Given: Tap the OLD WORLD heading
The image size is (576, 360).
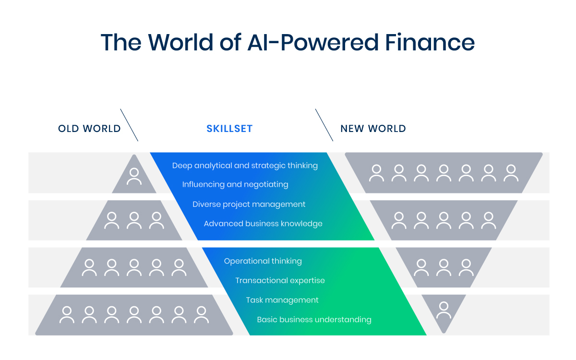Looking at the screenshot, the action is [x=89, y=129].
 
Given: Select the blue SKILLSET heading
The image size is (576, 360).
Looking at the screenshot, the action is [x=229, y=129].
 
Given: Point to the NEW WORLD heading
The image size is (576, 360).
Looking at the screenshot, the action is [x=373, y=129].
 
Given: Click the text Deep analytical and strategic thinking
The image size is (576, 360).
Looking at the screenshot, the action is [x=245, y=166].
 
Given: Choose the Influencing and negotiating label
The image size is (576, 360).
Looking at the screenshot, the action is [x=235, y=184].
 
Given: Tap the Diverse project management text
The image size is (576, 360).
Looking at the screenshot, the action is [x=249, y=204].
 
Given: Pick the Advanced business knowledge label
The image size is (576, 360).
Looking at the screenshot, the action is [x=263, y=224].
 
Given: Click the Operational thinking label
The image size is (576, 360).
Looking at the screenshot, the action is [x=263, y=261].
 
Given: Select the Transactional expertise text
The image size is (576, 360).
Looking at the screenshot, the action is [x=280, y=280].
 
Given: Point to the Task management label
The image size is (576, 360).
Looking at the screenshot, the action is [x=282, y=300].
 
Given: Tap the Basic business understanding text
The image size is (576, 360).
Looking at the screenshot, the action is [x=314, y=319].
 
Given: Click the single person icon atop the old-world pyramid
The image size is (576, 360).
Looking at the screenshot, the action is [x=134, y=177].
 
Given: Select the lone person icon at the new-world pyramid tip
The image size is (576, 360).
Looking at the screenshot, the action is [x=444, y=310].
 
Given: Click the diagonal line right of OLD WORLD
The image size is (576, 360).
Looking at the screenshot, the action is [x=129, y=125].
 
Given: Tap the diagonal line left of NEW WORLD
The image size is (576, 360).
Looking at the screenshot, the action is [x=324, y=125].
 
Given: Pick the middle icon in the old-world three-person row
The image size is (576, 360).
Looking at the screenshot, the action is [x=134, y=220].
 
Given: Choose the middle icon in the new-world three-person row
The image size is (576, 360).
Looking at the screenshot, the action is [x=444, y=268].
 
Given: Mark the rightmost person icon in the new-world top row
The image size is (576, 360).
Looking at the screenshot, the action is [x=511, y=173].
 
